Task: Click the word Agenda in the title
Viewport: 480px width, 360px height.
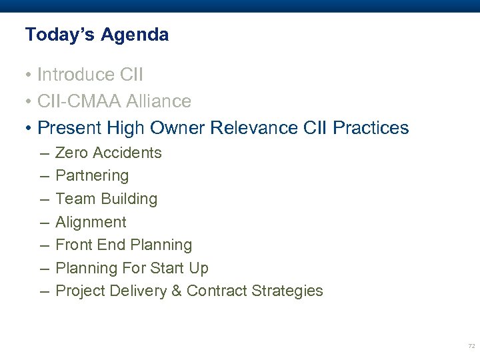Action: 135,35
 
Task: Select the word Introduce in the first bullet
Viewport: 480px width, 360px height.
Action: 75,73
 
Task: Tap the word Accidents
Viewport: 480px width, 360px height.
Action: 127,153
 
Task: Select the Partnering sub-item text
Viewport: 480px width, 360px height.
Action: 92,176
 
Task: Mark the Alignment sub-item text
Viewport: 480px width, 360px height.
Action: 91,222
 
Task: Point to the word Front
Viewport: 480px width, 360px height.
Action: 73,245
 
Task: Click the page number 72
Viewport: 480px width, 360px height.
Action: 471,346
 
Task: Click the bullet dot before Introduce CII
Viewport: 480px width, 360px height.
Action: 29,74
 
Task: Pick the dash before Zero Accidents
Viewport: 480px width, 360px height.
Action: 43,153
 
